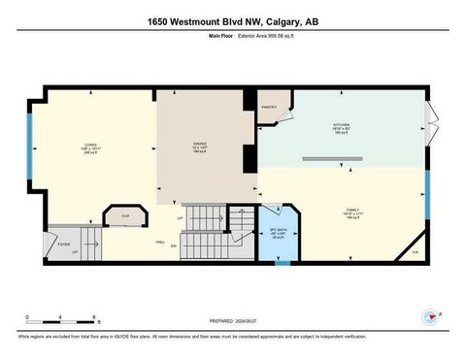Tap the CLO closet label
[x=125, y=213]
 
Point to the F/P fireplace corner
[x=415, y=251]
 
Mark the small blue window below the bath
[x=282, y=262]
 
